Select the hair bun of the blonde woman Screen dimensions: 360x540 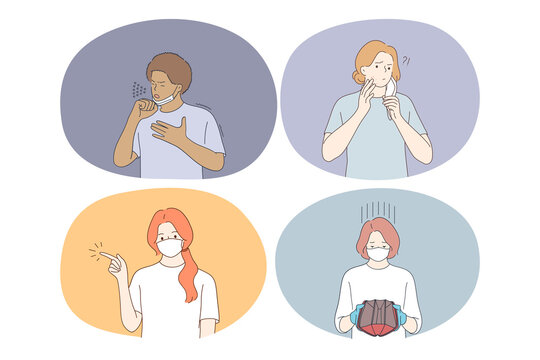click(359, 75)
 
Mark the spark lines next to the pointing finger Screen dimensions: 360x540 click(94, 250)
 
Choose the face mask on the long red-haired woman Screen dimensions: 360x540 click(172, 245)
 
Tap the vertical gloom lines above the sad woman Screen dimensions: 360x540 click(378, 210)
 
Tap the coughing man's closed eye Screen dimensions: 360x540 click(166, 85)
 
